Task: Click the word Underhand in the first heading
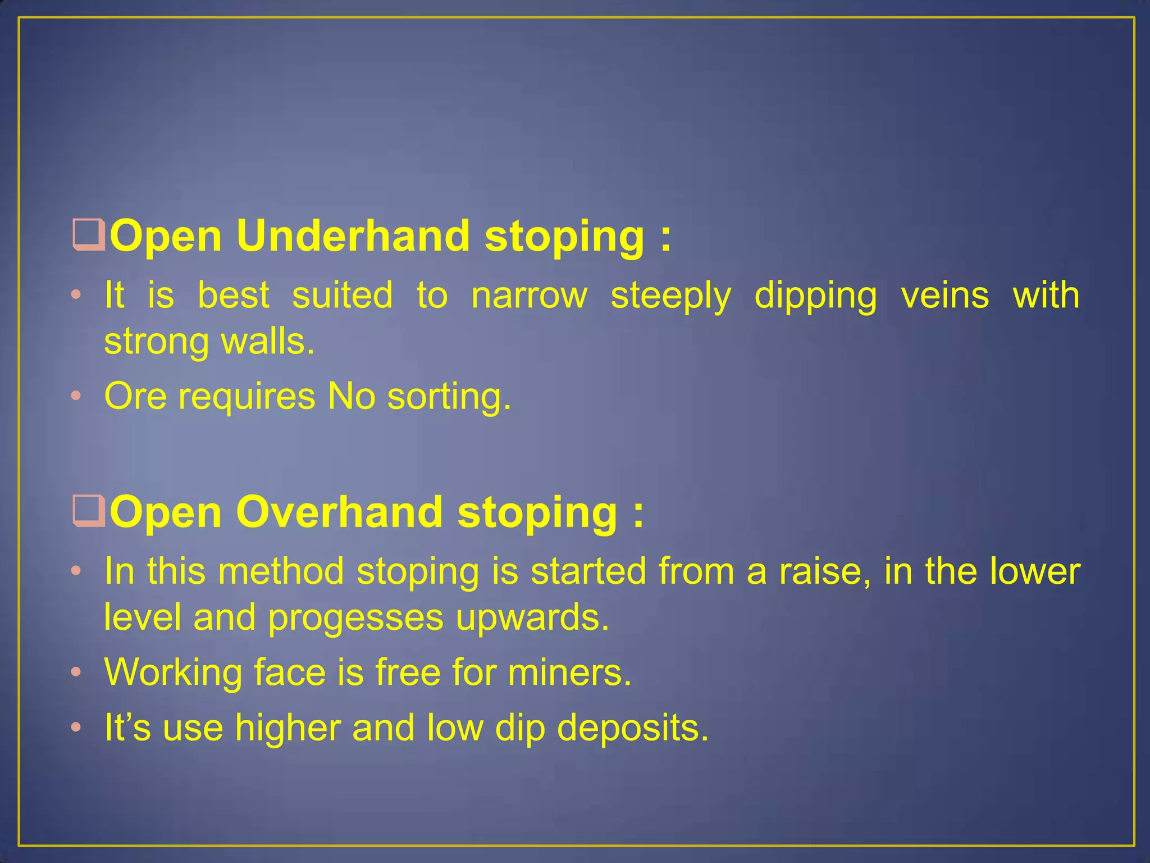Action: (x=353, y=236)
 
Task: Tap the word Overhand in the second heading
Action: (x=339, y=512)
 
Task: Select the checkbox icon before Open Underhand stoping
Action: (x=89, y=237)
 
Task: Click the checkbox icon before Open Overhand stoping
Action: (x=89, y=512)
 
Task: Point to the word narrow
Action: (x=529, y=296)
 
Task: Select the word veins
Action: (x=944, y=296)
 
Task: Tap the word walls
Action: (x=268, y=342)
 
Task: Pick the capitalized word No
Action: (x=352, y=396)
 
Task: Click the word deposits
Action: (x=633, y=728)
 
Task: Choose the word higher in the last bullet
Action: (x=287, y=728)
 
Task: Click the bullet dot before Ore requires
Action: (x=76, y=397)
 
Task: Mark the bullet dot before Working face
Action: (x=76, y=673)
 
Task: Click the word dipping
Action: (x=815, y=297)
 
